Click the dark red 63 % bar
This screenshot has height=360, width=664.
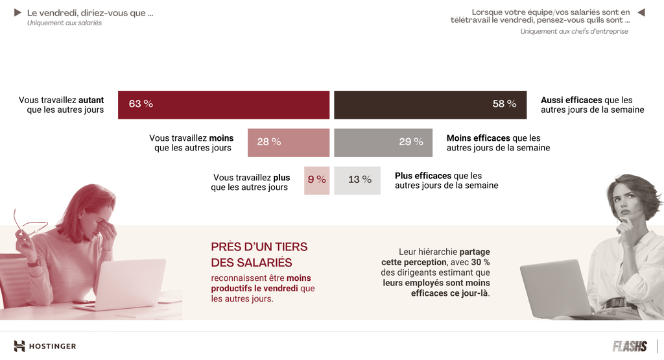point(224,104)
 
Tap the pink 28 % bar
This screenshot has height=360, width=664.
point(289,142)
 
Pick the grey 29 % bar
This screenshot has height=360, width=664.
point(383,142)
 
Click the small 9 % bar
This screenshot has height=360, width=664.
point(317,180)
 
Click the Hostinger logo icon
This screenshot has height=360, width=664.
point(19,346)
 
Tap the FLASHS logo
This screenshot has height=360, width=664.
point(630,346)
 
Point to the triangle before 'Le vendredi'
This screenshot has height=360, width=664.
point(18,13)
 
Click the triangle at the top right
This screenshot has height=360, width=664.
point(641,12)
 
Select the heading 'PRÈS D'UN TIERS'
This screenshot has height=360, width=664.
point(259,247)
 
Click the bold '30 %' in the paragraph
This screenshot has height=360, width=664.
point(480,262)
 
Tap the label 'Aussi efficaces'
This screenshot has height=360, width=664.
point(571,101)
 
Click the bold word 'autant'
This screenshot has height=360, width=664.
point(91,101)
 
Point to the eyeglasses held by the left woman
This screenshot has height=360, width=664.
point(29,224)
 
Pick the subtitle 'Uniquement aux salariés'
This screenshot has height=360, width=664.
point(64,23)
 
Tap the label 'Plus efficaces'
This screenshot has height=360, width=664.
point(423,176)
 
